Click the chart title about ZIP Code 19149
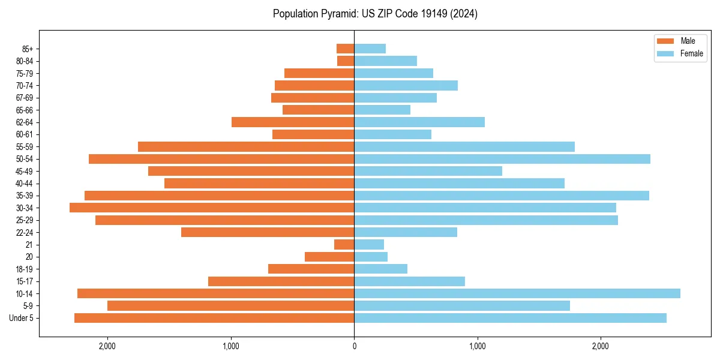click(x=375, y=14)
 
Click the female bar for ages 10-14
click(x=517, y=293)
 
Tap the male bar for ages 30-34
click(x=212, y=208)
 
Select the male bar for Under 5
click(x=214, y=318)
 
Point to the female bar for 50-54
click(x=502, y=159)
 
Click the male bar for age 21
click(x=344, y=245)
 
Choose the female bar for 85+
click(x=370, y=49)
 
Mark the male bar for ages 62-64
click(x=293, y=122)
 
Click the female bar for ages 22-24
click(x=406, y=232)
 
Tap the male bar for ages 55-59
click(x=246, y=147)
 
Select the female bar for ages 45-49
click(x=428, y=171)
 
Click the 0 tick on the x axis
click(x=354, y=346)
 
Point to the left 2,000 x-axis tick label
click(x=107, y=346)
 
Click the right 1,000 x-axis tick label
click(x=478, y=346)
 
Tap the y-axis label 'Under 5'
click(x=21, y=318)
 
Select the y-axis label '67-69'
click(x=24, y=98)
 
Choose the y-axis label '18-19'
click(x=24, y=269)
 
